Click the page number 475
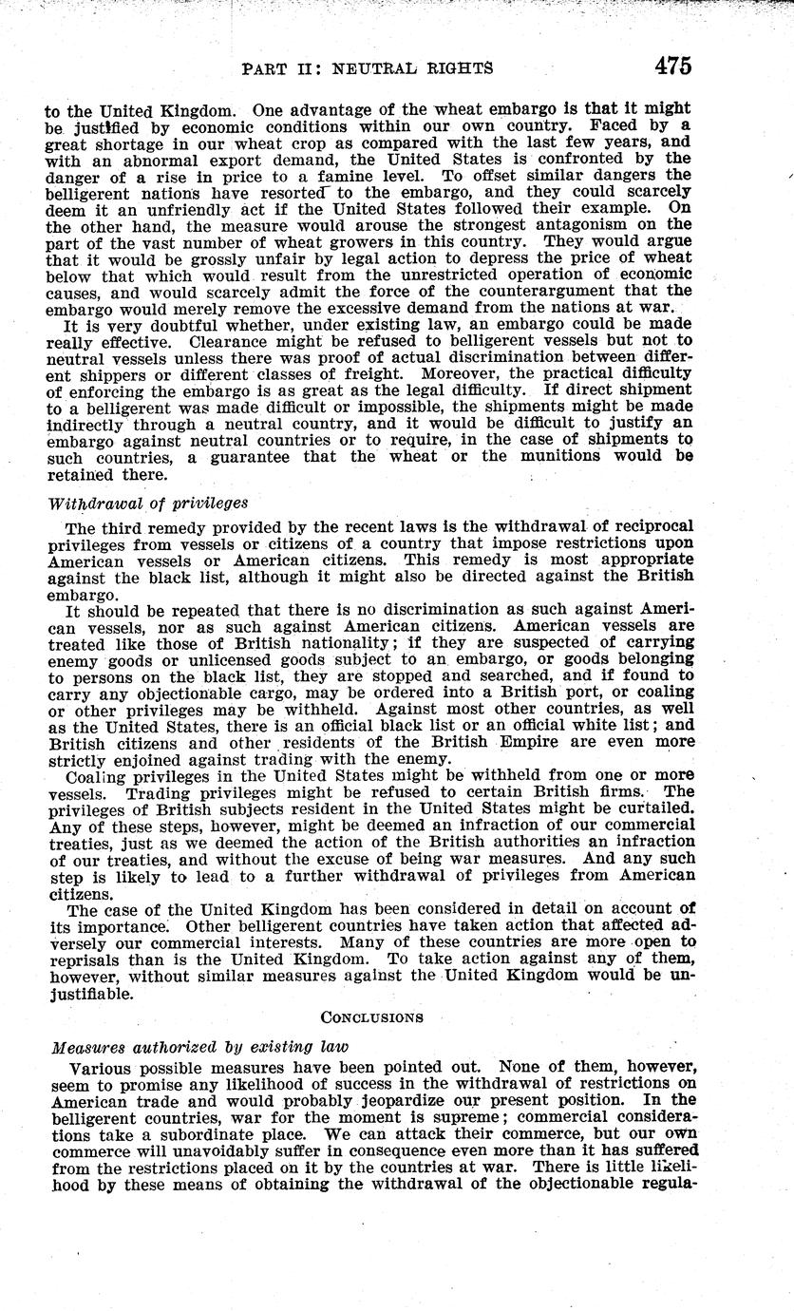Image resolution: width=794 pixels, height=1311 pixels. pyautogui.click(x=672, y=66)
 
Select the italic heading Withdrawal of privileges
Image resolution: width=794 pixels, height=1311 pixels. pyautogui.click(x=146, y=503)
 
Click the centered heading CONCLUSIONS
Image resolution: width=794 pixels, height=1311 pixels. pyautogui.click(x=371, y=1016)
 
